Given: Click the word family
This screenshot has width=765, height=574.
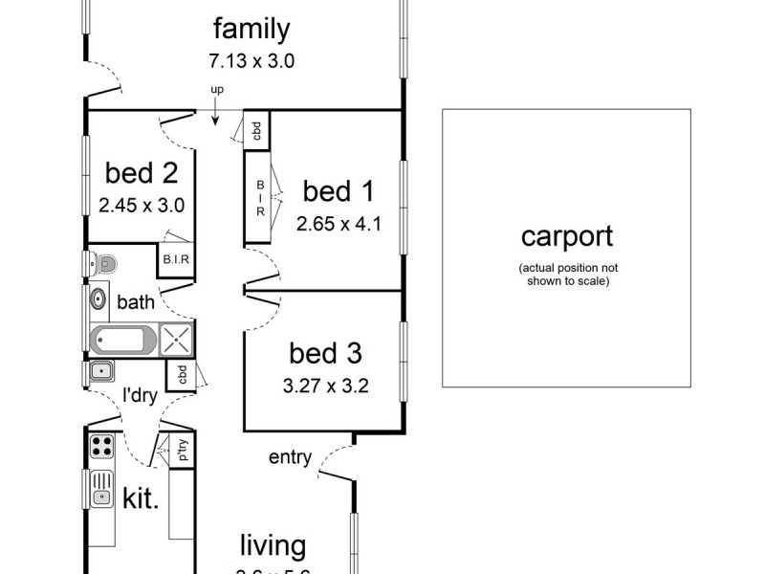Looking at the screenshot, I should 251,29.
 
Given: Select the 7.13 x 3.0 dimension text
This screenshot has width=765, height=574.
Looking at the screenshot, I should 251,61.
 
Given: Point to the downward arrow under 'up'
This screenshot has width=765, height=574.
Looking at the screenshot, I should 215,113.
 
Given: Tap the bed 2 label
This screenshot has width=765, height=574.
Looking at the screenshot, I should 142,173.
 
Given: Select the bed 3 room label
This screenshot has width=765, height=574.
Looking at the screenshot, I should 325,354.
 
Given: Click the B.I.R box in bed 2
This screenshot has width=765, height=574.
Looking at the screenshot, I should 176,259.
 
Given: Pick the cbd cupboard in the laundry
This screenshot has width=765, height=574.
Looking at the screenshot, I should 180,374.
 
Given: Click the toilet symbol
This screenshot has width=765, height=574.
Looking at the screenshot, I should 102,263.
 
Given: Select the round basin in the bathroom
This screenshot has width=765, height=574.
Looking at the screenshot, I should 98,300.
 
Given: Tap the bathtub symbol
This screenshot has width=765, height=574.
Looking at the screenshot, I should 122,340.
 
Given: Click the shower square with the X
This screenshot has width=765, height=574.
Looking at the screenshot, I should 177,340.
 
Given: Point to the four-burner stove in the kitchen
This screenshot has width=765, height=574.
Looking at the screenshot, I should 101,446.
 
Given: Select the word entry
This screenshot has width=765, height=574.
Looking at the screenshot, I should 290,457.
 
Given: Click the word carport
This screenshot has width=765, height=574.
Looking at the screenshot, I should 566,235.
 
